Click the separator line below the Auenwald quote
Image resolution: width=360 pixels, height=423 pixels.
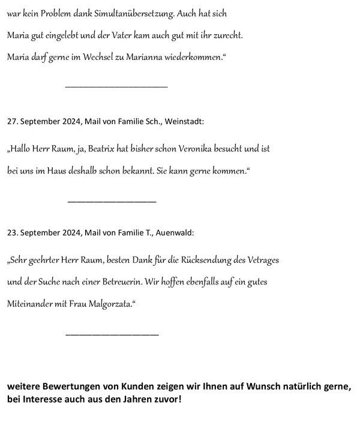[111, 334]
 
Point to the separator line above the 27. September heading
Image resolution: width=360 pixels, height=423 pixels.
[116, 87]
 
